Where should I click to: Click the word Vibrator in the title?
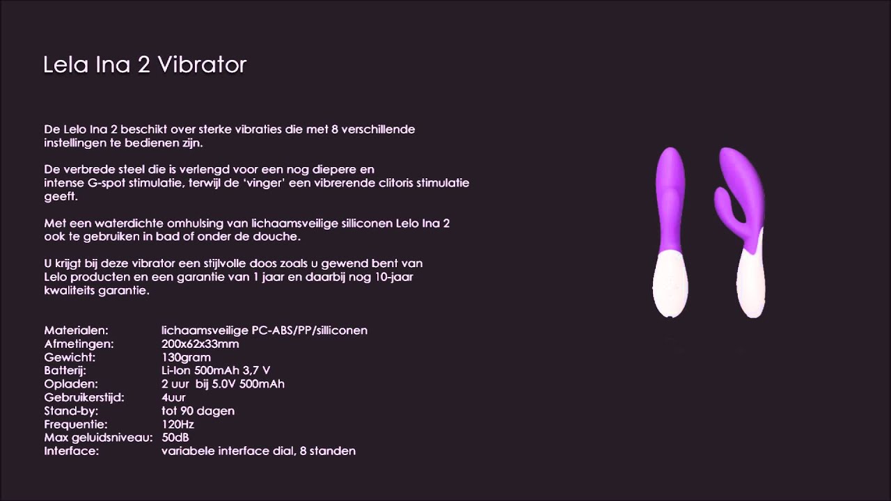(x=202, y=65)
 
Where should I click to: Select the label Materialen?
(x=76, y=331)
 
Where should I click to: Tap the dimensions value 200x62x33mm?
(x=200, y=344)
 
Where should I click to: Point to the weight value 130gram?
(x=186, y=358)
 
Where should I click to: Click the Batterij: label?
(x=66, y=371)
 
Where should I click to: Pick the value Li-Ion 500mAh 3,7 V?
(x=216, y=371)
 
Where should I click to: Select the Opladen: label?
(x=71, y=384)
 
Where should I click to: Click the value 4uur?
(x=173, y=397)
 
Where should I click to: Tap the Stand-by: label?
(x=71, y=411)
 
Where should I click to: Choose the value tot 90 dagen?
(x=198, y=411)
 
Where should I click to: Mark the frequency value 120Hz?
(x=178, y=424)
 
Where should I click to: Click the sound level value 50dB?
(x=175, y=438)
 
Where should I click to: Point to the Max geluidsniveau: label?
(x=98, y=438)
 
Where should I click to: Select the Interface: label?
(x=71, y=451)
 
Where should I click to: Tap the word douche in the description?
(x=276, y=237)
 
